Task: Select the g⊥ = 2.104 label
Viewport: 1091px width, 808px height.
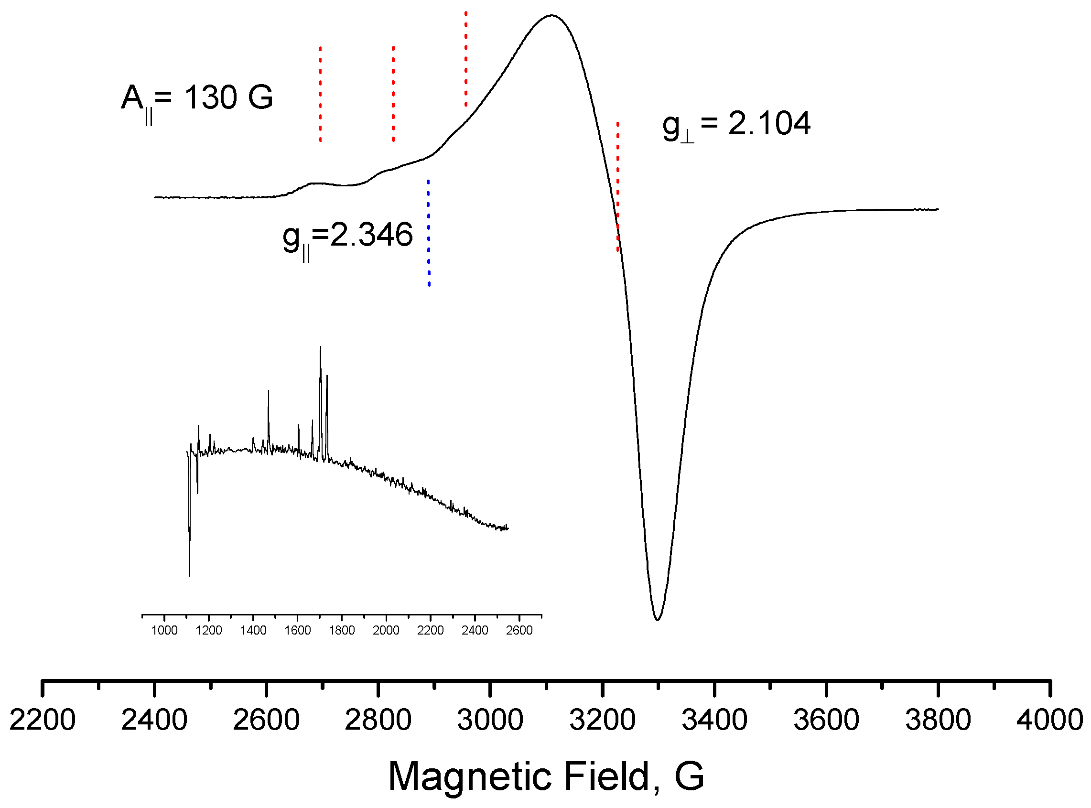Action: tap(735, 125)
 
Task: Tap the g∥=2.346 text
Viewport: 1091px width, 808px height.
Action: tap(348, 237)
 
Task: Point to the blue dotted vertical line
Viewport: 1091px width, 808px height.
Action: tap(428, 233)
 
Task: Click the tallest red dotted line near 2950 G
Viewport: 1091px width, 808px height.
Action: tap(465, 59)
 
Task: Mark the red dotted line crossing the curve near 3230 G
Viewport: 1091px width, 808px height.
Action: tap(617, 186)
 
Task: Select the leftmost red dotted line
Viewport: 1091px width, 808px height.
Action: tap(320, 94)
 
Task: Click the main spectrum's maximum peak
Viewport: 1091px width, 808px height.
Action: tap(551, 16)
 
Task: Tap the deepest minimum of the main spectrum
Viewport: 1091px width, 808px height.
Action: tap(657, 619)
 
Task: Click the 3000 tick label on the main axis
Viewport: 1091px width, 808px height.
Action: tap(490, 720)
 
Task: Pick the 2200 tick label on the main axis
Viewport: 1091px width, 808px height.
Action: tap(43, 720)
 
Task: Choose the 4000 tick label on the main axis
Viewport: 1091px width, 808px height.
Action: tap(1049, 720)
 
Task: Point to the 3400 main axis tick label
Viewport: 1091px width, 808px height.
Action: tap(714, 720)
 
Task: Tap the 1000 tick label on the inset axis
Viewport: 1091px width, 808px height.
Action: tap(164, 630)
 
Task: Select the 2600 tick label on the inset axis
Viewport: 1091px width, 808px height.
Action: tap(519, 630)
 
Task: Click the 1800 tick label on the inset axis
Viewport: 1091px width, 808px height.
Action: tap(341, 630)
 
